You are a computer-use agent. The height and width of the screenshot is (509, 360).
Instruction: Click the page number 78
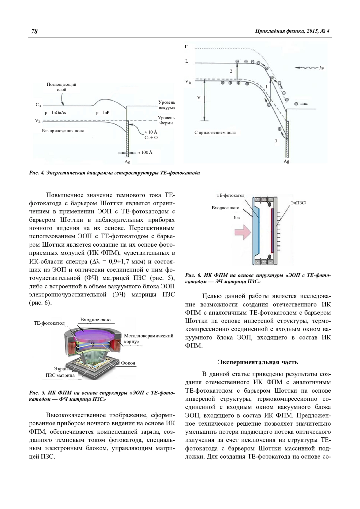[x=34, y=31]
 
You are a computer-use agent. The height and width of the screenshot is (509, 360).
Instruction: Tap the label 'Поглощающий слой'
[x=61, y=87]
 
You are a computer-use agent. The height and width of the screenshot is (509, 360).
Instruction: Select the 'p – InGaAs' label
[x=55, y=113]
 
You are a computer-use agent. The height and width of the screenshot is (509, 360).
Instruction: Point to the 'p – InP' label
[x=103, y=113]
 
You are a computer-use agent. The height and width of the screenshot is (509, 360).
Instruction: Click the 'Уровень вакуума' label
[x=166, y=105]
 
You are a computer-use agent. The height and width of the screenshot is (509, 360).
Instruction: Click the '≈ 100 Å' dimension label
[x=145, y=153]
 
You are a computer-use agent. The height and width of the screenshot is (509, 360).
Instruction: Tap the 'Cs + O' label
[x=151, y=137]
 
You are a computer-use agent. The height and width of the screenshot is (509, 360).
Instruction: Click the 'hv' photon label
[x=322, y=68]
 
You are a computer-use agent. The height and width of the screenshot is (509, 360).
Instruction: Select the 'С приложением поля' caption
[x=215, y=132]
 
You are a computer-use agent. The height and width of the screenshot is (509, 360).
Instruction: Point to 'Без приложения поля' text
[x=63, y=131]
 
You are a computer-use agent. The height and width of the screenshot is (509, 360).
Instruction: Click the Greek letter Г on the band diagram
[x=186, y=46]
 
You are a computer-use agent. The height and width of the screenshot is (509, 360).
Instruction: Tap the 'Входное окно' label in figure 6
[x=225, y=208]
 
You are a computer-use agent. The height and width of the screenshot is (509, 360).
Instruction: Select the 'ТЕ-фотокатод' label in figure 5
[x=49, y=323]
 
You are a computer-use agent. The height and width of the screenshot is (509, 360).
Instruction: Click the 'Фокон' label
[x=128, y=363]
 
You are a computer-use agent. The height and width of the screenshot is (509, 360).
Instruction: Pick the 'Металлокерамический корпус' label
[x=148, y=338]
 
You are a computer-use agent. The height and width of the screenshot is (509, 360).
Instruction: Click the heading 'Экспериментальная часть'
[x=258, y=362]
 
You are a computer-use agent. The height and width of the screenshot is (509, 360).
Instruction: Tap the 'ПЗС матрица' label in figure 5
[x=60, y=375]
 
